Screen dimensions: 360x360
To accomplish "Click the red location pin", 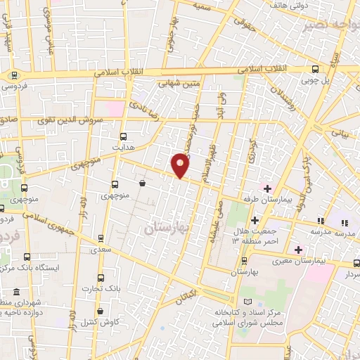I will pyautogui.click(x=181, y=165).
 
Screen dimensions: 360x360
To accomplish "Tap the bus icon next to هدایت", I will pyautogui.click(x=124, y=136).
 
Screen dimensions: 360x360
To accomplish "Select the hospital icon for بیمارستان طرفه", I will pyautogui.click(x=266, y=187).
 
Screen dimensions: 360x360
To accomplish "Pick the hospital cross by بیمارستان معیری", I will pyautogui.click(x=299, y=250).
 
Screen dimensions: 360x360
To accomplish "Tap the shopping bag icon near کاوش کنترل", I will pyautogui.click(x=100, y=311).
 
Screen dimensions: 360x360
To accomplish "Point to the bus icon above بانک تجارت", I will pyautogui.click(x=100, y=278).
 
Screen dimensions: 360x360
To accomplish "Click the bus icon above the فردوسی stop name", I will pyautogui.click(x=13, y=75).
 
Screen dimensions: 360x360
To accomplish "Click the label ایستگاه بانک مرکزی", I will pyautogui.click(x=59, y=268).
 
